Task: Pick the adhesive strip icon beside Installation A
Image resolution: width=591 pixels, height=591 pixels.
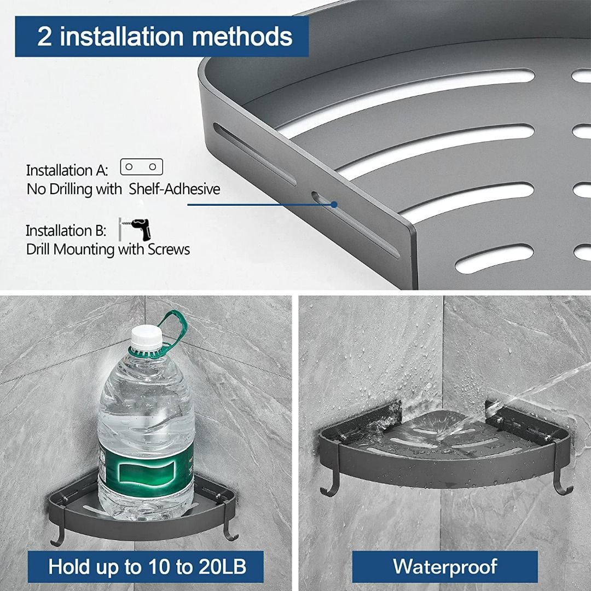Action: (142, 167)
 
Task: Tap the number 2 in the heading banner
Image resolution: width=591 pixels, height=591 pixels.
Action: (45, 37)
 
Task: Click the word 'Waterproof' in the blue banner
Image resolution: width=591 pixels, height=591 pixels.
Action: (445, 566)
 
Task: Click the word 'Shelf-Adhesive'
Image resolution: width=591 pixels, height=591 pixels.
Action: (175, 189)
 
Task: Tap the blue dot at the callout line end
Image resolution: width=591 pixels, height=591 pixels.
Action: (333, 204)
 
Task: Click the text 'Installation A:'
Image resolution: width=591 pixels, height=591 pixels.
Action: (67, 170)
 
